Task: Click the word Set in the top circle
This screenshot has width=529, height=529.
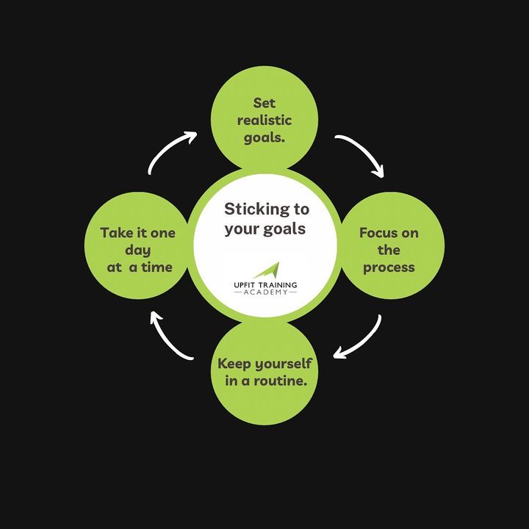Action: pyautogui.click(x=264, y=103)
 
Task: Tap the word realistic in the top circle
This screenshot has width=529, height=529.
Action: pyautogui.click(x=264, y=120)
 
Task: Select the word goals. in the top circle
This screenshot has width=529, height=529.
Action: pyautogui.click(x=264, y=137)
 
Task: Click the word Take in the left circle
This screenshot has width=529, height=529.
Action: pyautogui.click(x=118, y=233)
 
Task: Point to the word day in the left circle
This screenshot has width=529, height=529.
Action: pyautogui.click(x=138, y=250)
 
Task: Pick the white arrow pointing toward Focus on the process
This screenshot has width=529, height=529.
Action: pyautogui.click(x=360, y=155)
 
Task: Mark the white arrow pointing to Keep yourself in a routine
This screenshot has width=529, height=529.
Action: pyautogui.click(x=358, y=339)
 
